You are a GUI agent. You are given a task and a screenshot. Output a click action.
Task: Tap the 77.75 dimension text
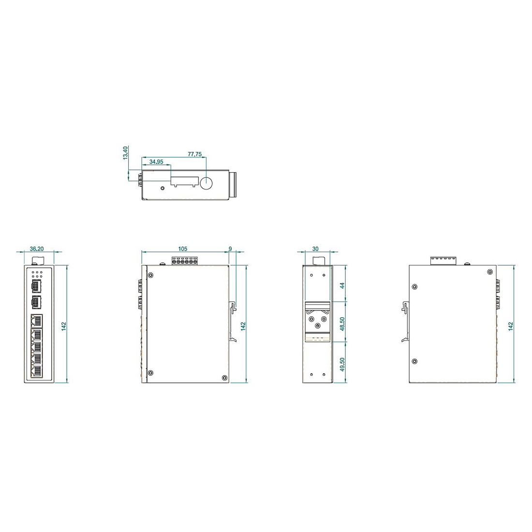[195, 154]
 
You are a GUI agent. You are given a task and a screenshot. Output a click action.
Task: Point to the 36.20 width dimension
[37, 249]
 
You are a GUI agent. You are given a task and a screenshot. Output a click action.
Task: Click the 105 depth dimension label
[182, 249]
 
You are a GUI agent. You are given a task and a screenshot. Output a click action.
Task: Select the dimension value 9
[230, 249]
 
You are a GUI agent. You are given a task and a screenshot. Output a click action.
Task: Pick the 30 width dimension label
[315, 249]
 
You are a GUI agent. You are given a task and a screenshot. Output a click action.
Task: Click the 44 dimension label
[342, 286]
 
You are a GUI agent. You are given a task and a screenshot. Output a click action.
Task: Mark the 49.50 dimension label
[342, 363]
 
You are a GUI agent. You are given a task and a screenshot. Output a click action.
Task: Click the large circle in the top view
[207, 183]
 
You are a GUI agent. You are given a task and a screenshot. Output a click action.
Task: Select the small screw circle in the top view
[163, 188]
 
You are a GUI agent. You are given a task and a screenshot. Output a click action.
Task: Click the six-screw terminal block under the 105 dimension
[185, 261]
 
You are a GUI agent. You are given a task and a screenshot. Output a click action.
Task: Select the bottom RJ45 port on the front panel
[36, 371]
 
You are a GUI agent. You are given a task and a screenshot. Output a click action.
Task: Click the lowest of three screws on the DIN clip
[317, 325]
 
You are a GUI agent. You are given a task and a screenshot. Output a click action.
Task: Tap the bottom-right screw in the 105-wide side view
[224, 377]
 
